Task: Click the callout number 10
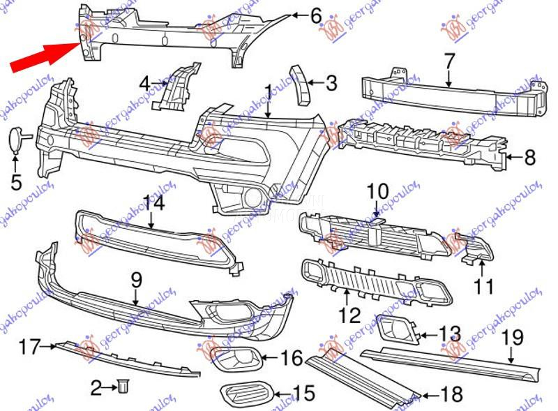(377, 190)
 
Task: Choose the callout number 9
(135, 281)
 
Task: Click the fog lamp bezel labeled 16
(236, 359)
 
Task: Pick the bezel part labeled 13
(395, 329)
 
